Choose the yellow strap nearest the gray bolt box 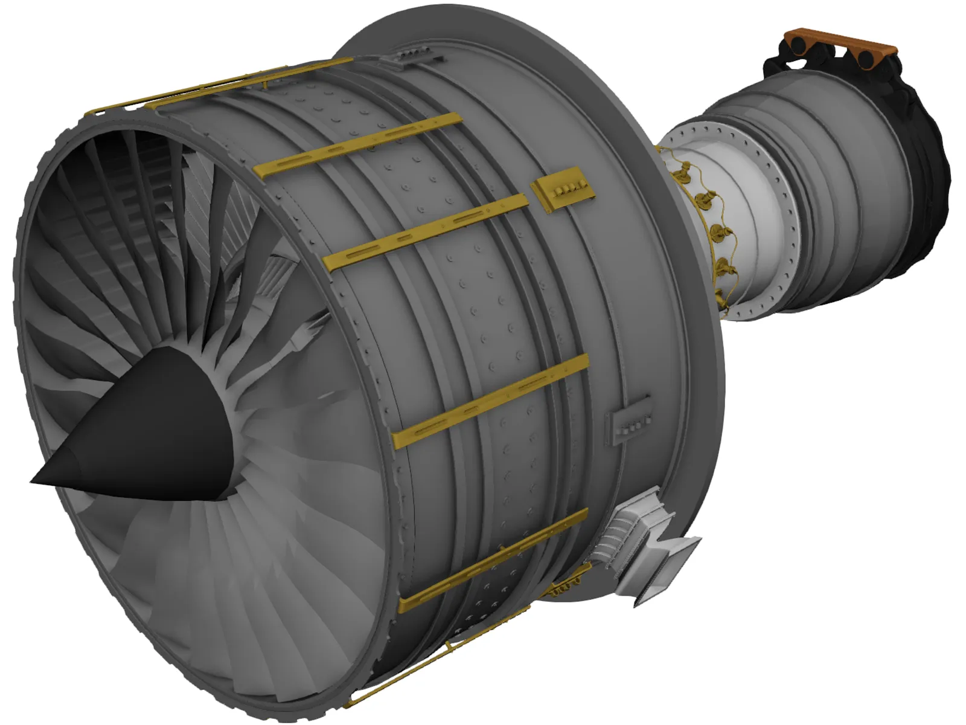[492, 402]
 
